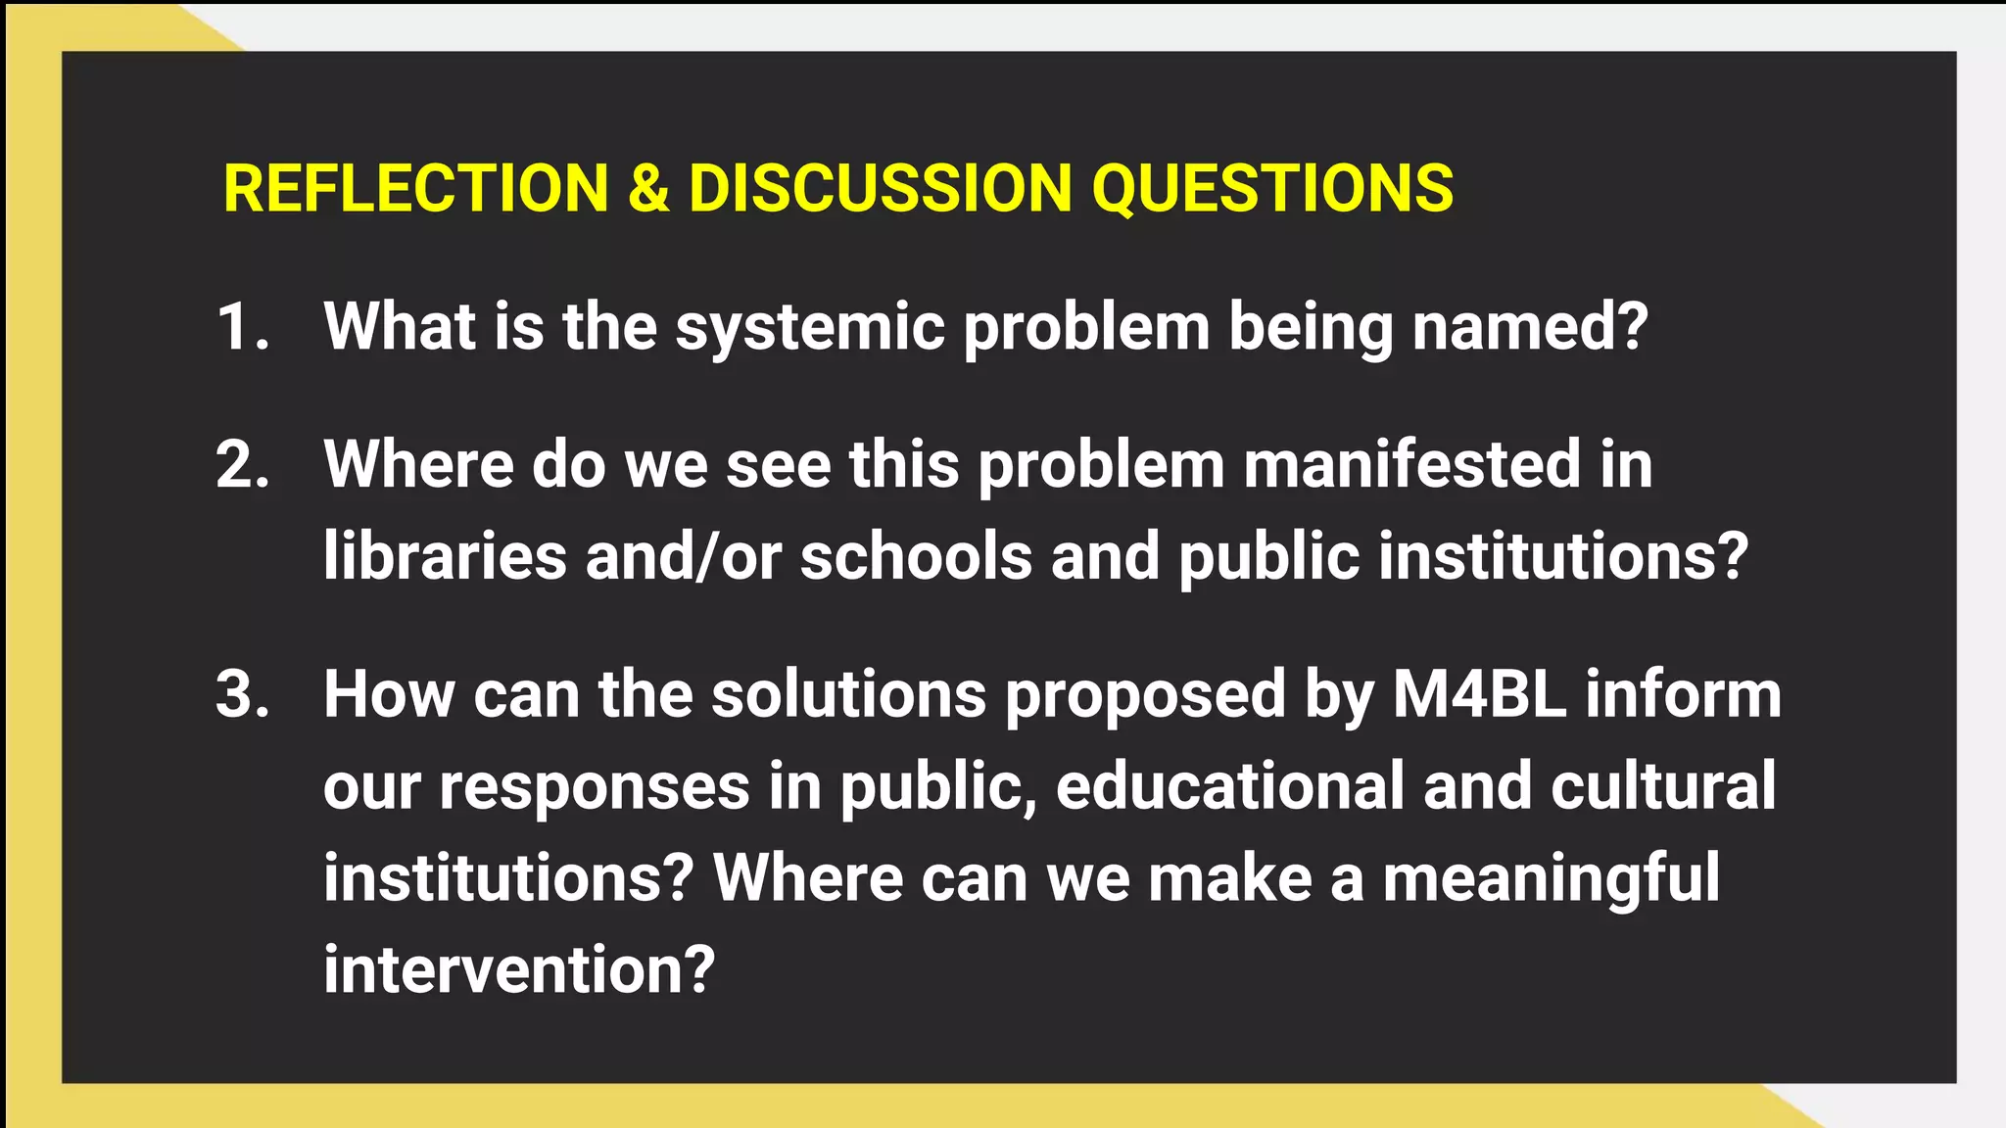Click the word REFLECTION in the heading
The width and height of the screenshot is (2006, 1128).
coord(416,188)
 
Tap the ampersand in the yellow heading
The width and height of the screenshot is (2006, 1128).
coord(648,188)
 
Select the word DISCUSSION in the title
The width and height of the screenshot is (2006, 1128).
coord(880,188)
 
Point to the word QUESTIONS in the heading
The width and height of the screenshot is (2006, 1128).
coord(1272,188)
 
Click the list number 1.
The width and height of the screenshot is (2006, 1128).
coord(241,326)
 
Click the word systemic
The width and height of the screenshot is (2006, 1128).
coord(810,328)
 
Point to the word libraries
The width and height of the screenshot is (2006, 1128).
coord(445,556)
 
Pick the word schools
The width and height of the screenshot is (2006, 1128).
coord(916,556)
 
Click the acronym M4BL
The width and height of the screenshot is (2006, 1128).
coord(1479,694)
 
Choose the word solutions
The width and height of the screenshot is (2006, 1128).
coord(848,694)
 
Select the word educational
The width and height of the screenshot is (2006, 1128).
coord(1230,785)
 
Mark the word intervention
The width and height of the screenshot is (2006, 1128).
coord(519,969)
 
